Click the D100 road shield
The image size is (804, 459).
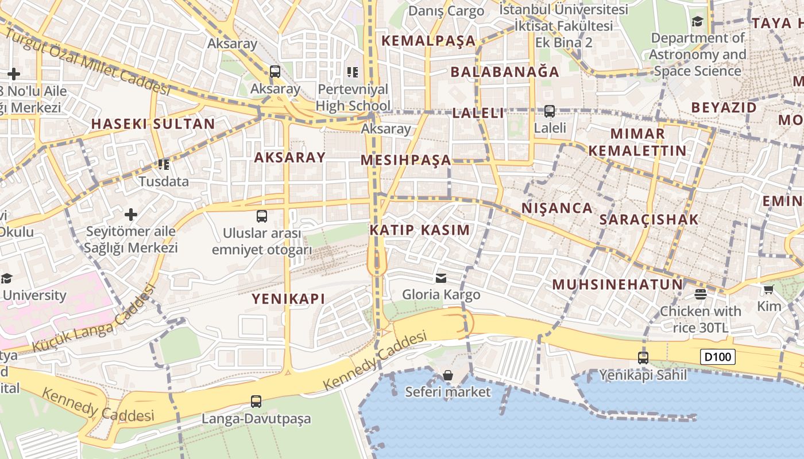[718, 357]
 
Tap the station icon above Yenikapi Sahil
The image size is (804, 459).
[643, 357]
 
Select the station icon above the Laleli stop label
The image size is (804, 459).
[550, 111]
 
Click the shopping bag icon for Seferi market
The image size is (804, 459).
[448, 375]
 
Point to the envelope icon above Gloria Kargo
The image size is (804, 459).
[441, 278]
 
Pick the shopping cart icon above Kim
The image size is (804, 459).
[769, 289]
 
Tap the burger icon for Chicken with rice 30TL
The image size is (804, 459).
[700, 294]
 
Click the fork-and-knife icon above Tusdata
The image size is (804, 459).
[164, 165]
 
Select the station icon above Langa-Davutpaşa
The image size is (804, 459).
[256, 402]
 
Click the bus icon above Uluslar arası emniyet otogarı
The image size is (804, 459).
[262, 216]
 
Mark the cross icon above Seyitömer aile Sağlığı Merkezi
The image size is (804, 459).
[131, 215]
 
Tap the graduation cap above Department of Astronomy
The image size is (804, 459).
[697, 22]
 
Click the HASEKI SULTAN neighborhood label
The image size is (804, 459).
[153, 124]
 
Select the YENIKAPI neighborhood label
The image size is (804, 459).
[288, 298]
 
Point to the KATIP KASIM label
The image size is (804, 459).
[419, 230]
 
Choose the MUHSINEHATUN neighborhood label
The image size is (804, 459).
[617, 285]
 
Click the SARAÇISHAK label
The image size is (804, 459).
[649, 219]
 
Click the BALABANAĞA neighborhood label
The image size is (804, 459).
[505, 72]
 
